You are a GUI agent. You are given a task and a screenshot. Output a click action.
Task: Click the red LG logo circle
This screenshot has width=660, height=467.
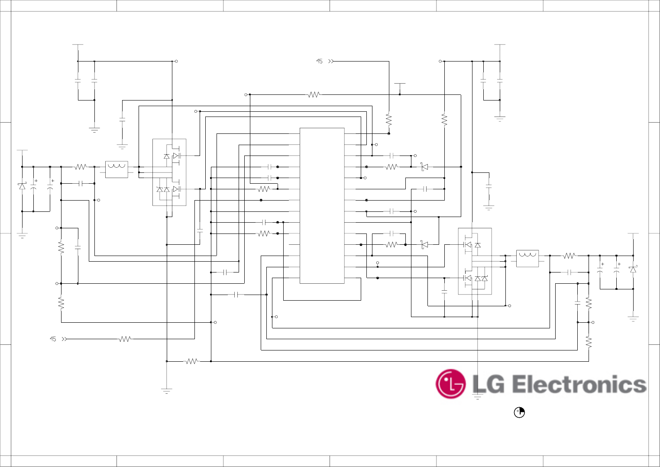450,384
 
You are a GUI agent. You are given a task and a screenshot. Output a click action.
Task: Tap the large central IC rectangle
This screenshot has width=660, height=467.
322,206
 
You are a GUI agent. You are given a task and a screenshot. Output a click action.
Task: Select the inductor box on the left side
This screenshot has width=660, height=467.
116,169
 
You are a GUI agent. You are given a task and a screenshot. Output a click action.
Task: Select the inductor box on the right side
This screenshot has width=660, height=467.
527,258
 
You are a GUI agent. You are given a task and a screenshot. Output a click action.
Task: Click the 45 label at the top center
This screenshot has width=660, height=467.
319,62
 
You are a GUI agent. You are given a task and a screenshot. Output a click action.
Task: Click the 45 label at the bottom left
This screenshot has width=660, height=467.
53,339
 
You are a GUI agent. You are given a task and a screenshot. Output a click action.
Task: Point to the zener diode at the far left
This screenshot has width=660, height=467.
22,186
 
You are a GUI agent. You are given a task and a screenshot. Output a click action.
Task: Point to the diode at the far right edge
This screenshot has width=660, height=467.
633,269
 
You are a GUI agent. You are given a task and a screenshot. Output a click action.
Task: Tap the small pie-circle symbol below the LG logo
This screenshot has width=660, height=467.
519,412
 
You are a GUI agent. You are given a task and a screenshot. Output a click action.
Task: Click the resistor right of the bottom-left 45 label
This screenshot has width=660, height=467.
125,339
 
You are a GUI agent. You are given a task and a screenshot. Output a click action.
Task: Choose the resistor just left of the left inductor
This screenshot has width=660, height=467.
81,167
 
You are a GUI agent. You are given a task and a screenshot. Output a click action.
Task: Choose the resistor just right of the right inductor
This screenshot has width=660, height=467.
569,256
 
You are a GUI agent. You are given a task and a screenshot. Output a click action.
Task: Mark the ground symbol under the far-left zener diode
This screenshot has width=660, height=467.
22,236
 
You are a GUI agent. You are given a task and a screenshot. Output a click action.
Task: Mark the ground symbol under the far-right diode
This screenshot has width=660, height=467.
633,319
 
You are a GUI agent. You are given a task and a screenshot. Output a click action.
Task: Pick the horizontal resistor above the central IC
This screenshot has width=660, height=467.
314,94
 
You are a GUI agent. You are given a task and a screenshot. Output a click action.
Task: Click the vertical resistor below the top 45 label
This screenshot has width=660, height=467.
389,120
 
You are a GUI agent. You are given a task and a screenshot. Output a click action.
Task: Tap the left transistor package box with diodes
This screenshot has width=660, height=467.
169,172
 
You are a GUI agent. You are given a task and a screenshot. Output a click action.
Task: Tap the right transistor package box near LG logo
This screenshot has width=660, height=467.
475,261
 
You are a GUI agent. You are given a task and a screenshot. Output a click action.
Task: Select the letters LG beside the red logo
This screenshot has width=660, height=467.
488,385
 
